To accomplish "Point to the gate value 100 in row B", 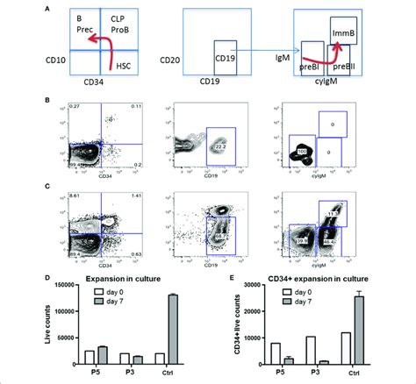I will [304, 152].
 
